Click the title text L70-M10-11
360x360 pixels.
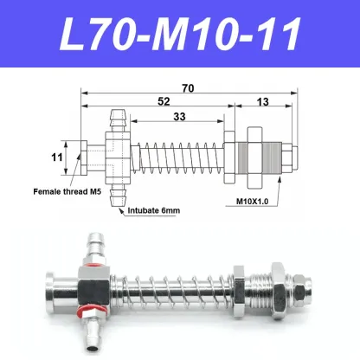click(180, 35)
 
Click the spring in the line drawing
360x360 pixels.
click(177, 156)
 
